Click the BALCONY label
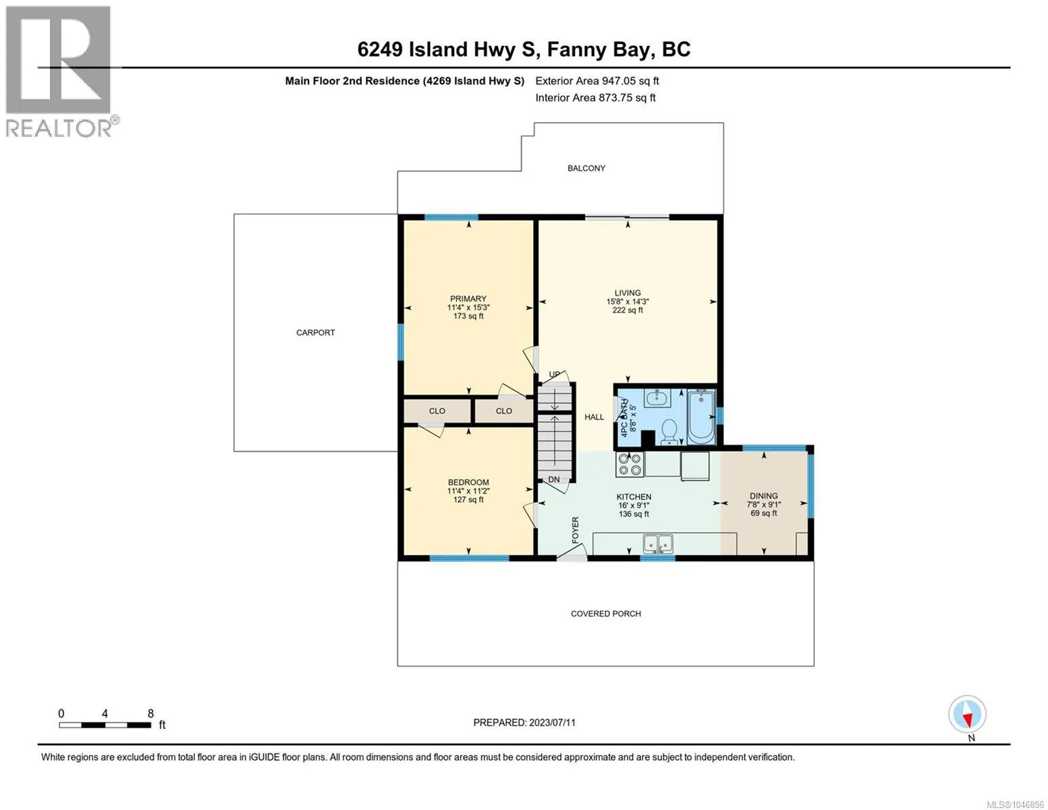click(x=586, y=168)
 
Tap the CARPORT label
click(x=315, y=332)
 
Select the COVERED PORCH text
click(x=606, y=614)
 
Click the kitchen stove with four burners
click(x=630, y=464)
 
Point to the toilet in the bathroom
click(x=669, y=432)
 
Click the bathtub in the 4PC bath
click(x=700, y=417)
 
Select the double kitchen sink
click(x=658, y=543)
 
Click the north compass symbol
click(x=967, y=714)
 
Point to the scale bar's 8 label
click(x=150, y=713)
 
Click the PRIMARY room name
click(x=468, y=298)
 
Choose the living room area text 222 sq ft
click(x=628, y=310)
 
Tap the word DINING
click(x=763, y=495)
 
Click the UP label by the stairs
click(x=555, y=375)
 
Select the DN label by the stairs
click(x=553, y=479)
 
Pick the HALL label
click(x=594, y=417)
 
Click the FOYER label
click(x=575, y=530)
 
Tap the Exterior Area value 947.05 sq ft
click(x=630, y=80)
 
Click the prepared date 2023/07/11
click(x=552, y=722)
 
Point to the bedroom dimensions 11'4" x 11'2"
click(x=468, y=491)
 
